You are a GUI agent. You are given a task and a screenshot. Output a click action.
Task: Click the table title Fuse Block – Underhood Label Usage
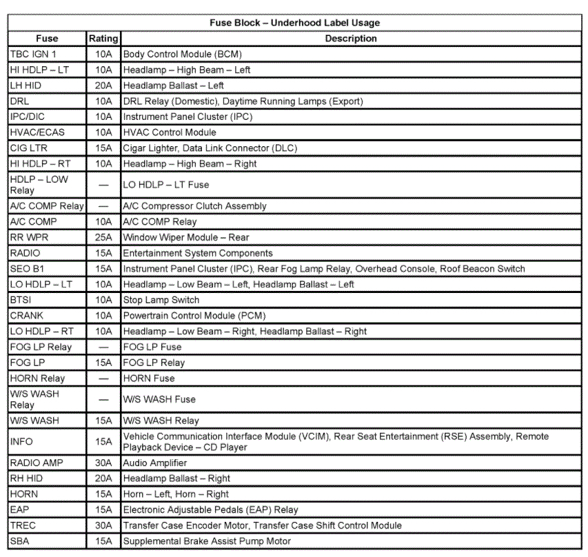tap(294, 23)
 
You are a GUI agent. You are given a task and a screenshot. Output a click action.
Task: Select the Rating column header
tap(103, 39)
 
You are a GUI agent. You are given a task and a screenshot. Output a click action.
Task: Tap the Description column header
tap(351, 39)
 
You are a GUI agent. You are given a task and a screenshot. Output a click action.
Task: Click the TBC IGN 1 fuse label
tap(33, 54)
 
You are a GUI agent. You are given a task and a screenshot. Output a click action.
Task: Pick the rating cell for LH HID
tap(103, 85)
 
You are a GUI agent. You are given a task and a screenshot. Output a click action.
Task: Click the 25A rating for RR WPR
tap(103, 237)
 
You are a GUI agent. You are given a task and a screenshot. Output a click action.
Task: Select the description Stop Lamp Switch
tap(161, 300)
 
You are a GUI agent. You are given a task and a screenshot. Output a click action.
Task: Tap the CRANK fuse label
tap(26, 316)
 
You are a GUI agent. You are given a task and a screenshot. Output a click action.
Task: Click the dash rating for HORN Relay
tap(103, 378)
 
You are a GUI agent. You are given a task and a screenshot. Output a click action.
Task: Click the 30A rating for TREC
tap(103, 525)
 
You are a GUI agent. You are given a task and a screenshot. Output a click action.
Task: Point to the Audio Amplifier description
tap(155, 463)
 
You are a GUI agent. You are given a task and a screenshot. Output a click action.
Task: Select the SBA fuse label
tap(20, 541)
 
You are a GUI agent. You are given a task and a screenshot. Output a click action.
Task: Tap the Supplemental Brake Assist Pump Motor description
tap(207, 541)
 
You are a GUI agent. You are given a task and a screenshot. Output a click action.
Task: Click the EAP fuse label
tap(19, 510)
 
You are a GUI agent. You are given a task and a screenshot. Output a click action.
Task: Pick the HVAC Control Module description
tap(170, 132)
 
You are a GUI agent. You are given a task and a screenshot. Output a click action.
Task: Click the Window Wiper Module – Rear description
tap(186, 237)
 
